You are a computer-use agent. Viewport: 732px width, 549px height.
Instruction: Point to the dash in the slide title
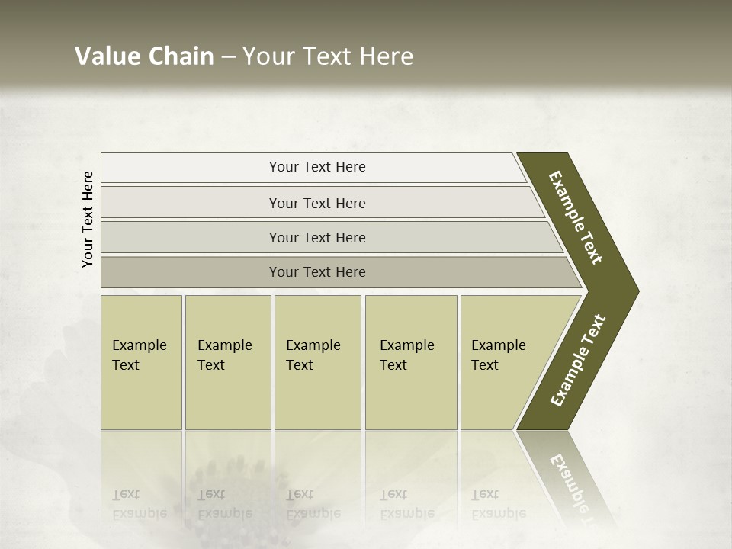click(228, 57)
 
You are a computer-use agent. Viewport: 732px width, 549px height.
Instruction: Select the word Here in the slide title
click(386, 56)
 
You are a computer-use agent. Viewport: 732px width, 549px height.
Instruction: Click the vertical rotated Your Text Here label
click(88, 219)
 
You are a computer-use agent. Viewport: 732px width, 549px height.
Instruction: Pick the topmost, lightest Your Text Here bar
click(317, 167)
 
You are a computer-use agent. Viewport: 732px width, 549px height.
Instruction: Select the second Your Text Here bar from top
click(317, 203)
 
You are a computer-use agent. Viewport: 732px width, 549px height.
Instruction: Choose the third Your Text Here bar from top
click(317, 237)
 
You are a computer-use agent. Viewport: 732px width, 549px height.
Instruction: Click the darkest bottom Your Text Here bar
click(317, 272)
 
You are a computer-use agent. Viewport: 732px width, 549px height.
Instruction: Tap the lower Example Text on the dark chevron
click(578, 361)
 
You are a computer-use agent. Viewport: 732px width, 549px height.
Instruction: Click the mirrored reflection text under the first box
click(140, 504)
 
